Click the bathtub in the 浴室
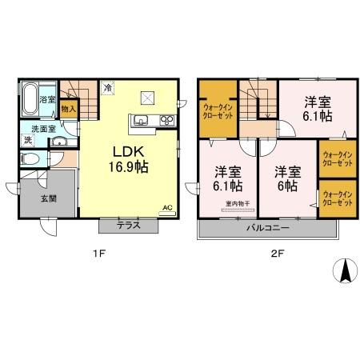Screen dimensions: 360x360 (28, 99)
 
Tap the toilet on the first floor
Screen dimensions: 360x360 (28, 158)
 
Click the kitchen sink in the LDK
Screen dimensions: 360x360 (142, 122)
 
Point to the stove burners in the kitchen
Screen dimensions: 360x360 (167, 122)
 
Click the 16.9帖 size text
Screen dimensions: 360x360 (129, 167)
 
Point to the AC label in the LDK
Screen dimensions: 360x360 (167, 207)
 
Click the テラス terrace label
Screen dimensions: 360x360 (128, 226)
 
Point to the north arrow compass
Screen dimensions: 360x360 (345, 272)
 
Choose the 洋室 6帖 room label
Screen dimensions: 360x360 (286, 178)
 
